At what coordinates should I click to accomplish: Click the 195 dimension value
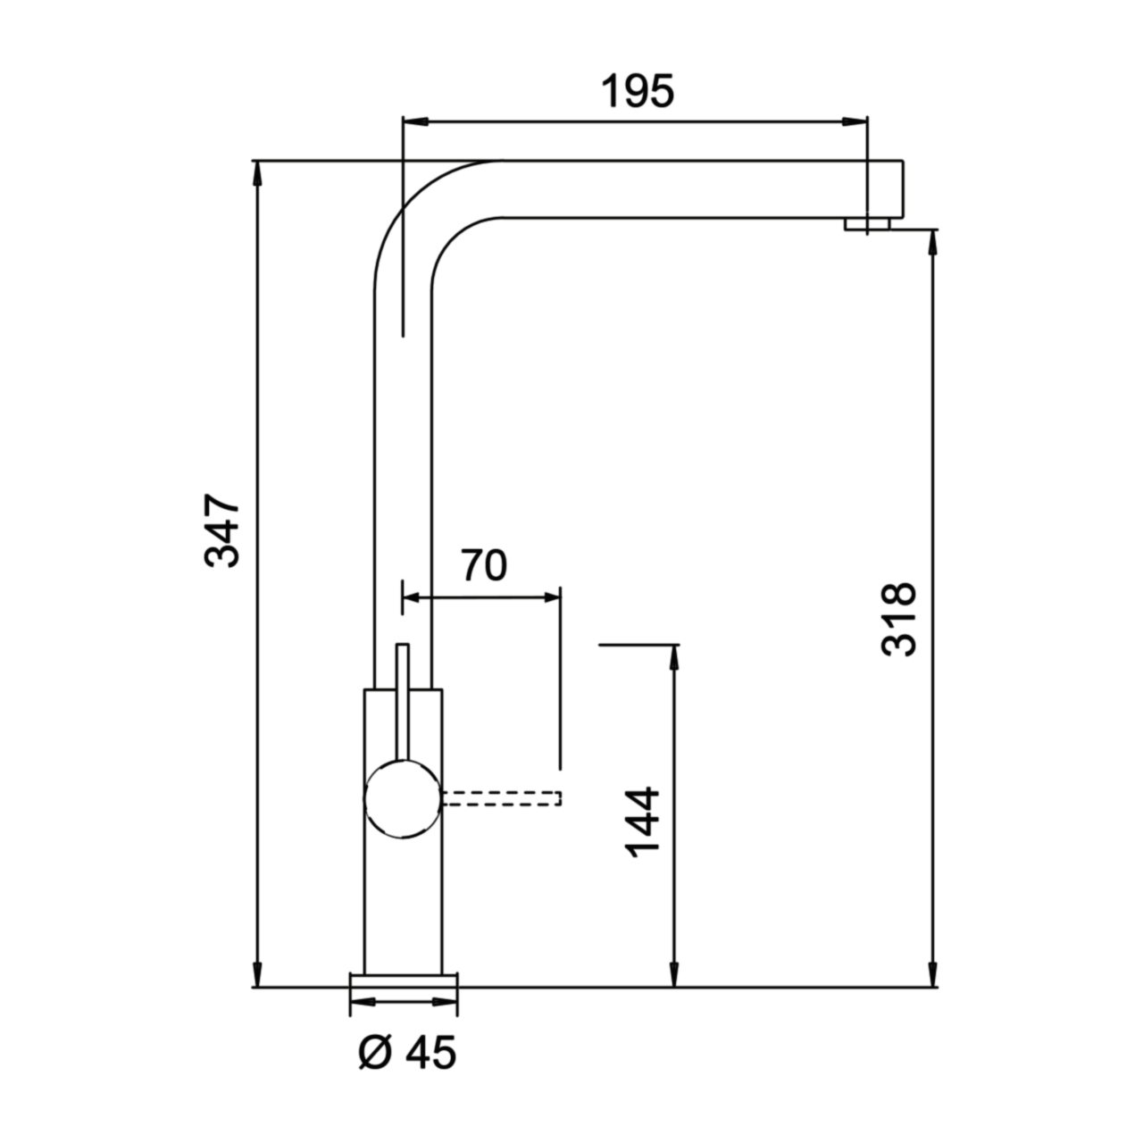tap(638, 92)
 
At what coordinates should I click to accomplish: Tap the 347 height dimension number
tap(221, 530)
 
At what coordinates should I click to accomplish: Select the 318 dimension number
tap(898, 620)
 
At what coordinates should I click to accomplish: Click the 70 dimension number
tap(485, 565)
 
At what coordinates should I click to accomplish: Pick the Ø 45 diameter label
tap(408, 1053)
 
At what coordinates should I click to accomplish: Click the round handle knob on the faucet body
tap(403, 799)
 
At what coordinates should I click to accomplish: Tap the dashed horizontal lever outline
tap(501, 798)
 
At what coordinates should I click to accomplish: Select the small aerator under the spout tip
tap(867, 223)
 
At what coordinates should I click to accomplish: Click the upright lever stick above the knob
tap(403, 702)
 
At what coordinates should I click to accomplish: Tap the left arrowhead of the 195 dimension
tap(415, 121)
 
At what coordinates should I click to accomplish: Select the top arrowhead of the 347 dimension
tap(257, 173)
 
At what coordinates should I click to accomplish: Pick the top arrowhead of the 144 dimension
tap(674, 656)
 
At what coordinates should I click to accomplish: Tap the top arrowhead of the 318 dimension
tap(933, 242)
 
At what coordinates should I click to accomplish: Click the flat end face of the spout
tap(903, 188)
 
